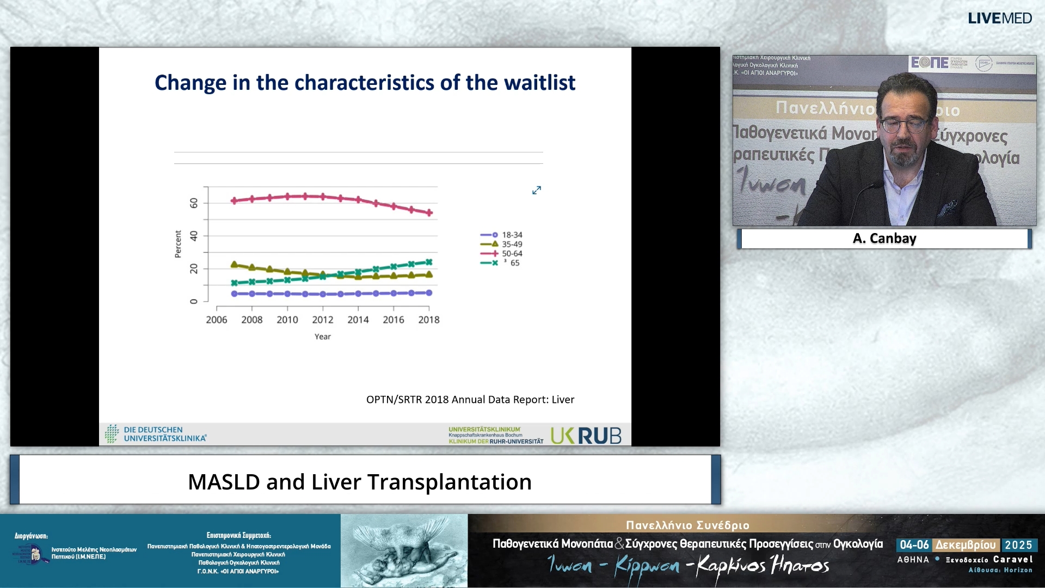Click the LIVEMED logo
coord(999,18)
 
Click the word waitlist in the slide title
coord(539,83)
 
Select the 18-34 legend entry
coord(512,235)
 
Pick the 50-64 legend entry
coord(512,254)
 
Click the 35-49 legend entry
coord(512,244)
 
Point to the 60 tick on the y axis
coord(194,203)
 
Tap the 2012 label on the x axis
coord(322,320)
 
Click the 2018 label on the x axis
coord(428,320)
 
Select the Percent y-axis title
coord(178,244)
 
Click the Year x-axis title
coord(322,337)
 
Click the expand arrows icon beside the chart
coord(536,190)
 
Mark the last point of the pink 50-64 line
coord(429,213)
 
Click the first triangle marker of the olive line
coord(235,265)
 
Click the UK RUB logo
coord(586,436)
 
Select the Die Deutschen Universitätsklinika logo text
coord(164,434)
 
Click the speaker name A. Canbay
coord(884,238)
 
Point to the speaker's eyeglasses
coord(903,125)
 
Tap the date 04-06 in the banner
coord(914,545)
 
